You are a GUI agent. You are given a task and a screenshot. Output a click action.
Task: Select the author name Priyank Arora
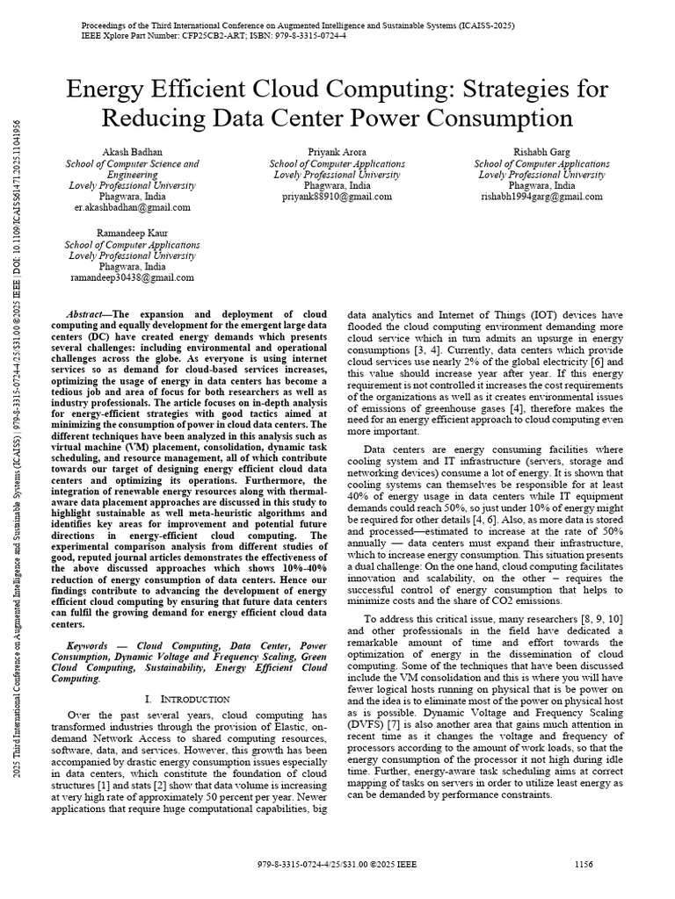[x=337, y=152]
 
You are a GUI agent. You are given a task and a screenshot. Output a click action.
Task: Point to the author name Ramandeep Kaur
[x=132, y=233]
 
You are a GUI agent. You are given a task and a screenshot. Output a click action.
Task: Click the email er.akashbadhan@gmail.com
[x=132, y=208]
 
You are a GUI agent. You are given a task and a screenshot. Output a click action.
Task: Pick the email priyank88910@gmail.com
[x=337, y=198]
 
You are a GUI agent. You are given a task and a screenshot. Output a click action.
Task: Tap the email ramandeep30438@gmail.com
[x=132, y=277]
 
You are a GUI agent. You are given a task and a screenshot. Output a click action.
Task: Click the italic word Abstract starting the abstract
[x=86, y=313]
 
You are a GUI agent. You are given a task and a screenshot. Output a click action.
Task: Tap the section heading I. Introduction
[x=186, y=699]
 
